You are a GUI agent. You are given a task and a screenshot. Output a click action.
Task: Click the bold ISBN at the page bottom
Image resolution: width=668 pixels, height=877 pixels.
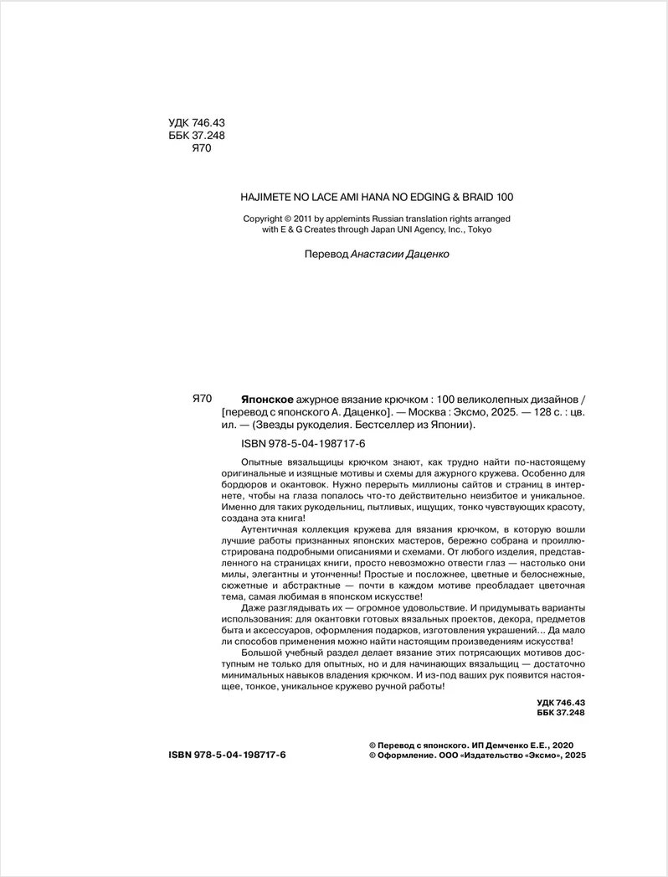click(x=227, y=755)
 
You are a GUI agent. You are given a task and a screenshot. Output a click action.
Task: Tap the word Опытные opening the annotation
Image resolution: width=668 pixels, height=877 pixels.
click(x=265, y=463)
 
